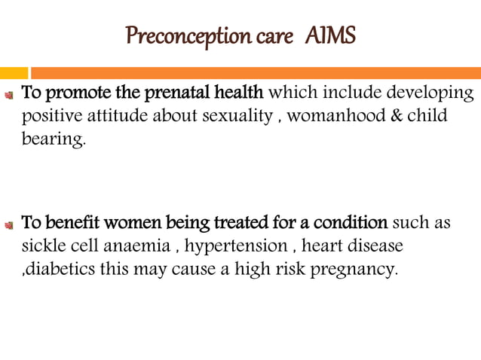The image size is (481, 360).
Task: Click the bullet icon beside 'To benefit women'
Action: pyautogui.click(x=10, y=224)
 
